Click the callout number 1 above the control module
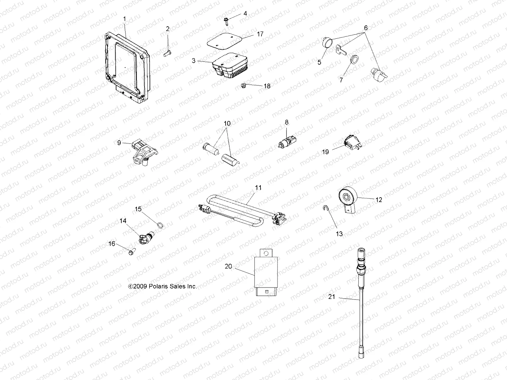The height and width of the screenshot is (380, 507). click(x=125, y=19)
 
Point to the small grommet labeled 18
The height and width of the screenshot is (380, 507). click(x=243, y=85)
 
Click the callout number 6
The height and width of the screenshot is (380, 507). click(x=366, y=28)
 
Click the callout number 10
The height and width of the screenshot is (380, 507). click(x=227, y=123)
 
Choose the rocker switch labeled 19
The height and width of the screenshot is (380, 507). click(x=353, y=142)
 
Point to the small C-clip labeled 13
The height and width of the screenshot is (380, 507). click(x=325, y=208)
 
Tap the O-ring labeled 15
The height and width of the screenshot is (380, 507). click(x=160, y=225)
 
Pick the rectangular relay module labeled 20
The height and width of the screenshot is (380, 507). click(x=266, y=272)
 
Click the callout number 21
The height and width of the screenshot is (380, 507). click(x=332, y=297)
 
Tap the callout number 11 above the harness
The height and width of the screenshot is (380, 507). click(x=258, y=188)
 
